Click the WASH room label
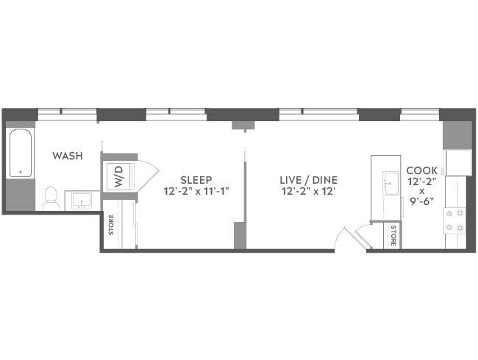tap(67, 156)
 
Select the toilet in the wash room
tap(51, 198)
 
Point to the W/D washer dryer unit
tap(118, 176)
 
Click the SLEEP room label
tap(196, 179)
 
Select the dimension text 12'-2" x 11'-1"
tap(196, 191)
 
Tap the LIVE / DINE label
tap(303, 179)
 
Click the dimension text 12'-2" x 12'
tap(303, 191)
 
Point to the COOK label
tap(422, 170)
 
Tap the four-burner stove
tap(455, 218)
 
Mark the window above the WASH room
tap(67, 114)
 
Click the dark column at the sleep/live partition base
tap(240, 236)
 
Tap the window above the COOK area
tap(419, 114)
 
